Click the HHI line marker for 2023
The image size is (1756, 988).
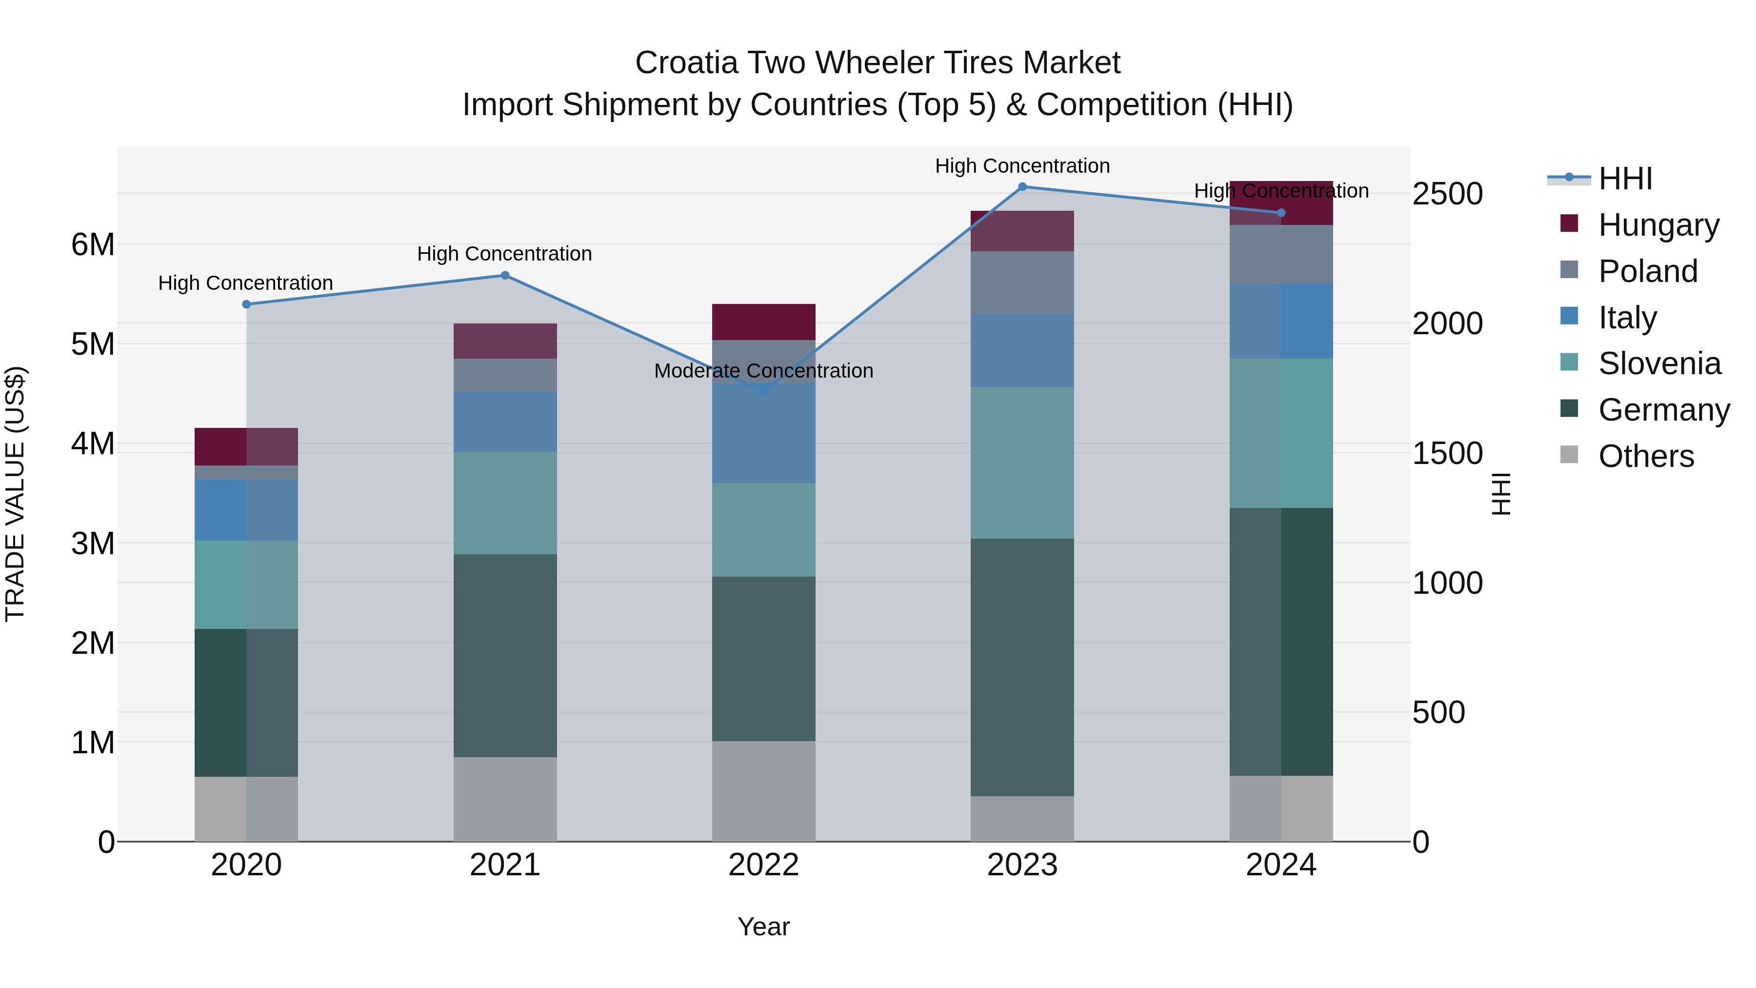pyautogui.click(x=1022, y=187)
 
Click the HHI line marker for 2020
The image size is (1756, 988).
pyautogui.click(x=246, y=304)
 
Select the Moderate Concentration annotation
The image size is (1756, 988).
pyautogui.click(x=763, y=371)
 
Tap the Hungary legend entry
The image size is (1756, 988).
pyautogui.click(x=1658, y=225)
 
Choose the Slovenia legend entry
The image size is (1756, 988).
pyautogui.click(x=1659, y=363)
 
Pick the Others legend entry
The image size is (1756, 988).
pyautogui.click(x=1646, y=456)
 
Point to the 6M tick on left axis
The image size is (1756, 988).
pyautogui.click(x=93, y=244)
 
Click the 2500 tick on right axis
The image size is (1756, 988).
pyautogui.click(x=1447, y=194)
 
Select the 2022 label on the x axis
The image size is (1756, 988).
pyautogui.click(x=763, y=865)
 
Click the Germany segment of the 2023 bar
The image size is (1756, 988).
pyautogui.click(x=1022, y=667)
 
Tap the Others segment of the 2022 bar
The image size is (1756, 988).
pyautogui.click(x=763, y=791)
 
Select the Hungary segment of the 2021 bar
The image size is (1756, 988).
pyautogui.click(x=505, y=341)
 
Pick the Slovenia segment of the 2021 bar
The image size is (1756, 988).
pyautogui.click(x=505, y=503)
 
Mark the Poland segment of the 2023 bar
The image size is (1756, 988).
pyautogui.click(x=1022, y=282)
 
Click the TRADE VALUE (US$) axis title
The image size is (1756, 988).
pyautogui.click(x=15, y=494)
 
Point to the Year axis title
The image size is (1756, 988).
pyautogui.click(x=763, y=927)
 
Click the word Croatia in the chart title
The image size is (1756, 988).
pyautogui.click(x=686, y=63)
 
